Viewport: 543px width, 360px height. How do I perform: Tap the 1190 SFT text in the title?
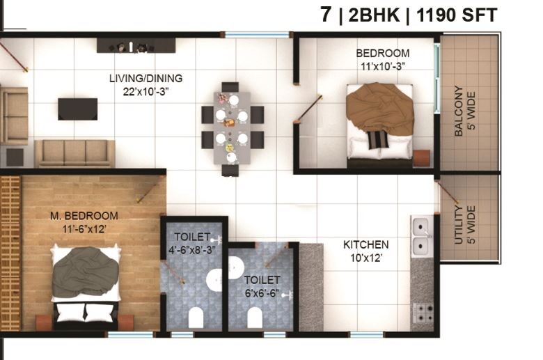456,15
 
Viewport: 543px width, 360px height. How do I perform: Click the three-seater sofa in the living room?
74,152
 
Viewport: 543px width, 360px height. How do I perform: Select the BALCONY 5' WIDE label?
464,111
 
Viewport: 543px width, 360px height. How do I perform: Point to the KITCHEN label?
365,244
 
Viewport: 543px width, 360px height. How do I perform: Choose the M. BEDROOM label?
84,216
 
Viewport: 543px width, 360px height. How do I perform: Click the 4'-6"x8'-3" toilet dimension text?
191,249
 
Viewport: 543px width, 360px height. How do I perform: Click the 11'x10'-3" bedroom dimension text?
382,66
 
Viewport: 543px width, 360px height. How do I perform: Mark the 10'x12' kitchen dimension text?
365,258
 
